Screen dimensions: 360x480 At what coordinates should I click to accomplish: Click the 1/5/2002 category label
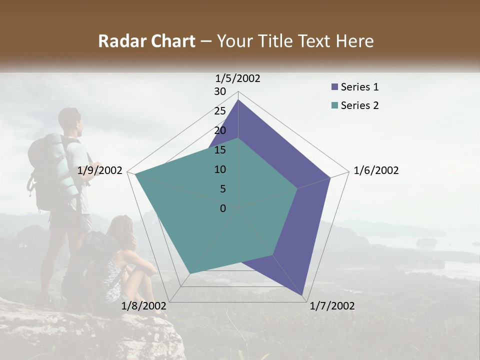238,78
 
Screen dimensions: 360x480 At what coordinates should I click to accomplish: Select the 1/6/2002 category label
376,170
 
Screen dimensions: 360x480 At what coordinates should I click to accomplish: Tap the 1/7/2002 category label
332,306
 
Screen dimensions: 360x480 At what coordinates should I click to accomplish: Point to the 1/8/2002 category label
143,306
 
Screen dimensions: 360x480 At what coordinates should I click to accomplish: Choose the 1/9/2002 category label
99,170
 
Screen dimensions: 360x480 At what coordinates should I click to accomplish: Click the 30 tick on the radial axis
220,91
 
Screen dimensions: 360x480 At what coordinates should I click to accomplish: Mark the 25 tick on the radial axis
220,111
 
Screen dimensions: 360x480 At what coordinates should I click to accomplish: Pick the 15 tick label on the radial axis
220,150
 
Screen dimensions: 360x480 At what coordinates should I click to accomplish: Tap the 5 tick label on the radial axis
222,189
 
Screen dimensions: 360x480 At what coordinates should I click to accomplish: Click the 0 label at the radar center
223,208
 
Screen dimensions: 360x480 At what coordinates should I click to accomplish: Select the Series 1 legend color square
334,87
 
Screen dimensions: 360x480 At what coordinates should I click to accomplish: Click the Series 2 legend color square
334,105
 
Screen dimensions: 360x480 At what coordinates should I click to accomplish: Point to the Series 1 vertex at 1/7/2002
303,295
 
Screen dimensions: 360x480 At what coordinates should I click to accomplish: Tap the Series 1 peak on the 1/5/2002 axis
238,100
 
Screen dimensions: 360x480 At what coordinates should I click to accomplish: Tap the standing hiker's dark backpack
41,170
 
